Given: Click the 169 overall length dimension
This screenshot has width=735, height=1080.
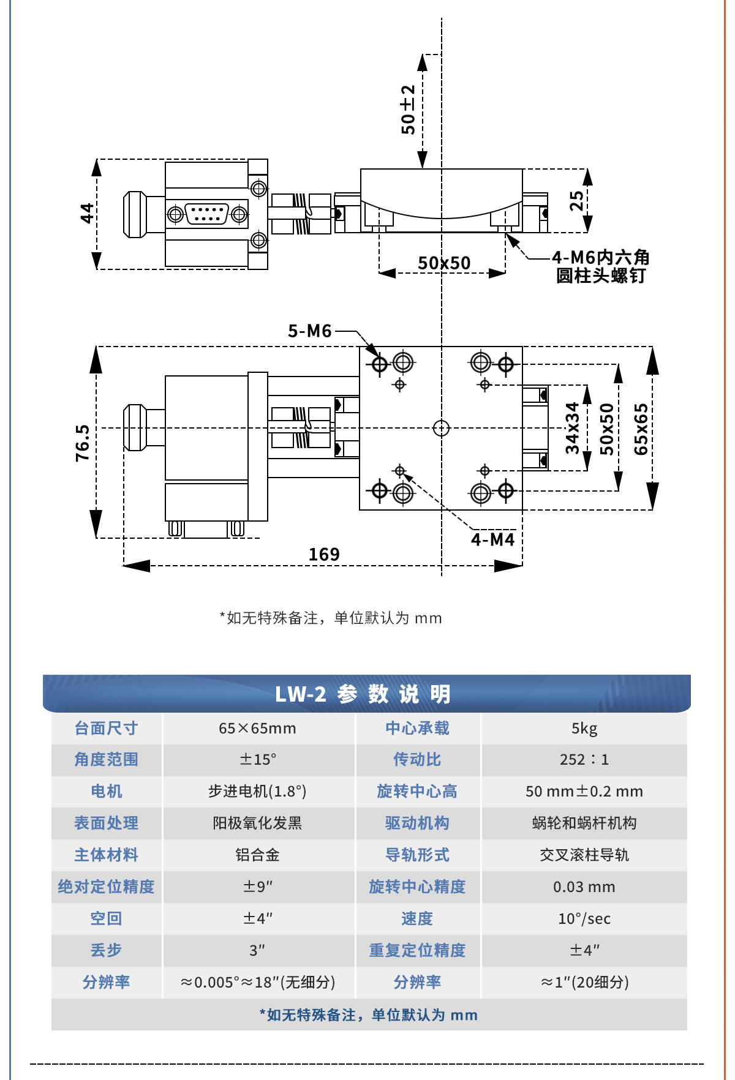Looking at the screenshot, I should coord(323,554).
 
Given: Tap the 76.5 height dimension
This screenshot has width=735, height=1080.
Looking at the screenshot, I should coord(83,442).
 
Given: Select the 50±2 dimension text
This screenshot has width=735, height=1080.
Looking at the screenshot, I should coord(408,110).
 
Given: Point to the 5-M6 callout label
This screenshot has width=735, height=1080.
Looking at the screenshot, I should coord(309,331).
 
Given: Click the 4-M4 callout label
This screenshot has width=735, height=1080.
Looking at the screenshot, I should coord(492,539).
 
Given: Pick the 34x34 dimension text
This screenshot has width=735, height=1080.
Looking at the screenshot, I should coord(572,428).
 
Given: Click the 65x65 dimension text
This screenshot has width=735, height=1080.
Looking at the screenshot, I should coord(641,429).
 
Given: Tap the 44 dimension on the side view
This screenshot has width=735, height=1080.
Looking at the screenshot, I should coord(87,213).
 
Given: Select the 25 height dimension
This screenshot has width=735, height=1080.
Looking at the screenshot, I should coord(576,201).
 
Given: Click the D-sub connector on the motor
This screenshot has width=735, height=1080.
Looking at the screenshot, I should coord(207,214).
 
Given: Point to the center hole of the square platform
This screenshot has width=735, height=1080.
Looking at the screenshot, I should coord(441,428).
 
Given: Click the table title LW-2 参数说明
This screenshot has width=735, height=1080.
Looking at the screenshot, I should coord(363,694).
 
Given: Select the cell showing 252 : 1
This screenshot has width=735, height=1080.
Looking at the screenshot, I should coord(584,760).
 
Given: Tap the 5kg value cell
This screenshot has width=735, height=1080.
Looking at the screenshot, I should coord(584,729).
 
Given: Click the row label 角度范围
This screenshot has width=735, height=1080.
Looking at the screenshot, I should coord(106,760).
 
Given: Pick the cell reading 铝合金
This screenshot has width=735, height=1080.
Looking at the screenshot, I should coord(257,855).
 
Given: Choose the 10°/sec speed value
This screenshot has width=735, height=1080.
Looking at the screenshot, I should coord(584,919).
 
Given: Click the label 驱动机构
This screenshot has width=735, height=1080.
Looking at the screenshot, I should coord(417,823).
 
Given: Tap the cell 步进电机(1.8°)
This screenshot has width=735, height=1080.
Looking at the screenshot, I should coord(257,792).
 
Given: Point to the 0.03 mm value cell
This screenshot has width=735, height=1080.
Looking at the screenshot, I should coord(584,887).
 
